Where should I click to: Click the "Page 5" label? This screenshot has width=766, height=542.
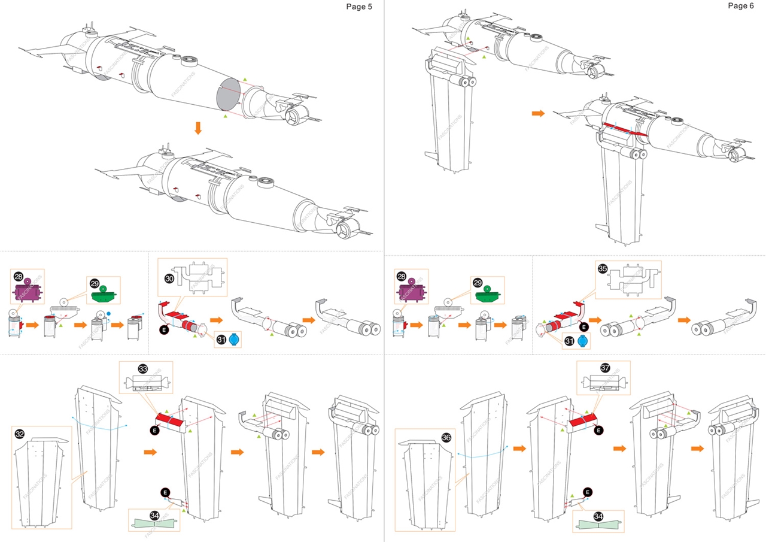coord(358,7)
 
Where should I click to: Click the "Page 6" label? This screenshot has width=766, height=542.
coord(741,6)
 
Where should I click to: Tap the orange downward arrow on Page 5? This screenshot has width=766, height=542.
coord(197,128)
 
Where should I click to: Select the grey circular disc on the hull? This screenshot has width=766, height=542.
coord(228,95)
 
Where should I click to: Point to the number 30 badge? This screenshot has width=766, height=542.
coord(169,278)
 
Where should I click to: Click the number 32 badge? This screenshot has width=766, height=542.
coord(20,434)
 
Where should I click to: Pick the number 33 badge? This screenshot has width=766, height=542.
coord(142,368)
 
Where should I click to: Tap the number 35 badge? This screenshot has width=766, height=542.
coord(603,269)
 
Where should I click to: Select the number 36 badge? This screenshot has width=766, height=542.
coord(446,437)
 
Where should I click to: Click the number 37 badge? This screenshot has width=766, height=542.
coord(605,368)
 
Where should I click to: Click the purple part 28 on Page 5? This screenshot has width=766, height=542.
coord(28,290)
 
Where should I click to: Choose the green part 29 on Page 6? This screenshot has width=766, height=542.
coord(487,294)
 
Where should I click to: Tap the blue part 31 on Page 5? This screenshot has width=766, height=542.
coord(234,340)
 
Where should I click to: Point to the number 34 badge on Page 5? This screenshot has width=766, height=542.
coord(154,515)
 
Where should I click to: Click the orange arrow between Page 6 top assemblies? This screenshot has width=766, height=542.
coord(538,113)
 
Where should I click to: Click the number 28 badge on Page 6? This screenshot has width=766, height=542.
coord(402,276)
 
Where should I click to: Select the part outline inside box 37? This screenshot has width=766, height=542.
coord(604,383)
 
